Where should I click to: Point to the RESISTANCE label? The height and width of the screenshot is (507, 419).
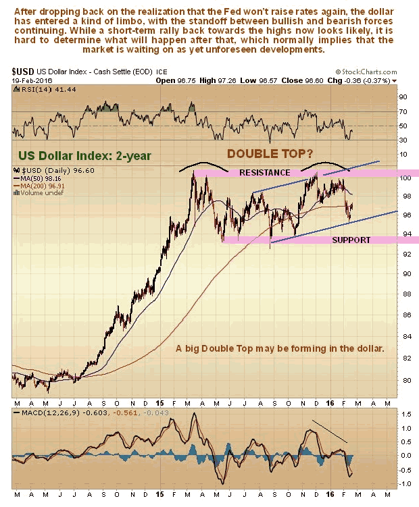pyautogui.click(x=265, y=173)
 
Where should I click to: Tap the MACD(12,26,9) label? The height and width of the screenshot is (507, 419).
pyautogui.click(x=40, y=413)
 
